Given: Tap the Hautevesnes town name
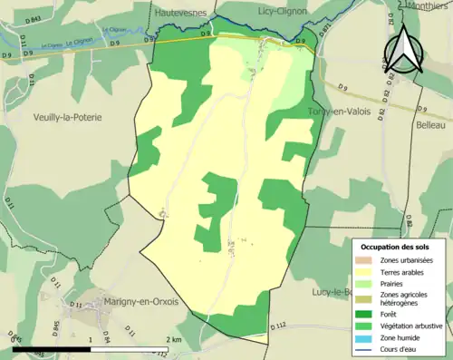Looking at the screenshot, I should [x=181, y=13].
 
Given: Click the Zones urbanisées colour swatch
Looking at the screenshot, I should [x=366, y=260].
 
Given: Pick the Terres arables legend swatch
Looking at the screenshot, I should [x=366, y=271].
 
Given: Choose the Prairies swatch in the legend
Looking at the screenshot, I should [x=366, y=282].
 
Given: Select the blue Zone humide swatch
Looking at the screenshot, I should [x=366, y=334].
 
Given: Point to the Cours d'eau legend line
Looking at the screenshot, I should [x=366, y=345].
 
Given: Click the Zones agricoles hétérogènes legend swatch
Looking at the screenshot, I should [x=366, y=296].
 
